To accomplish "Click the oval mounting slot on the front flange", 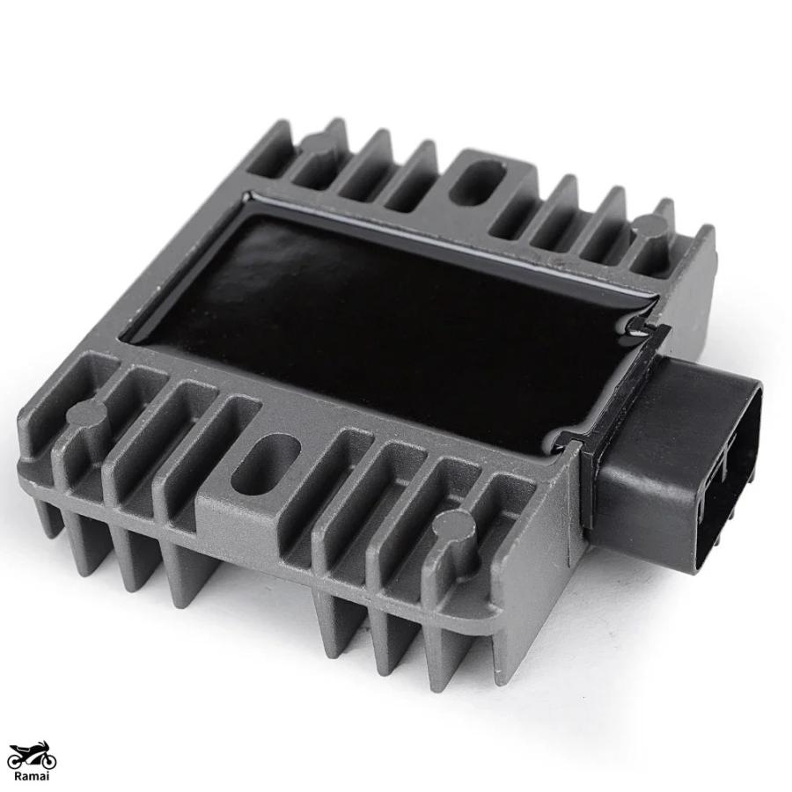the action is tap(266, 460).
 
